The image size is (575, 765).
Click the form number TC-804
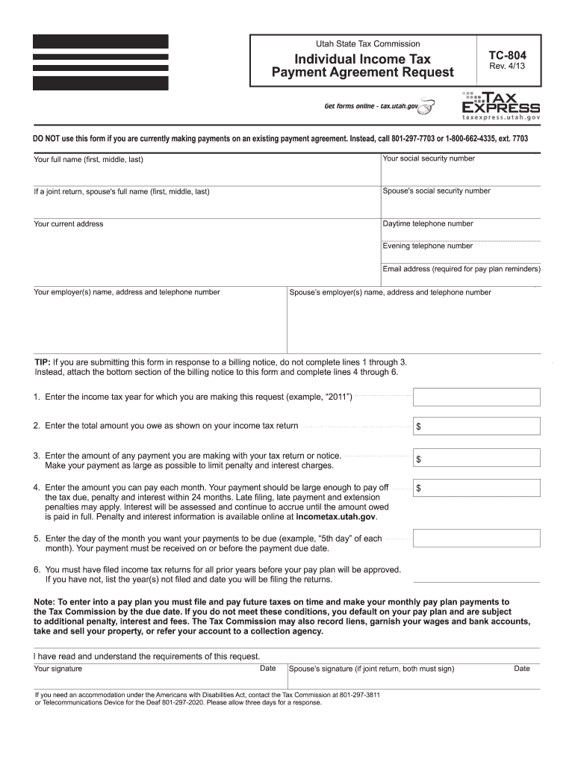pyautogui.click(x=507, y=55)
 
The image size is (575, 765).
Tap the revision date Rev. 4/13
pyautogui.click(x=505, y=68)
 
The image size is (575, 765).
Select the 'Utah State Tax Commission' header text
pyautogui.click(x=363, y=44)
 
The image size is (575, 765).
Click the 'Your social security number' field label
pyautogui.click(x=428, y=158)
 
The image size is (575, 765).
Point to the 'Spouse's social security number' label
pyautogui.click(x=436, y=191)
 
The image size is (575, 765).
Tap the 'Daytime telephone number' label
pyautogui.click(x=428, y=223)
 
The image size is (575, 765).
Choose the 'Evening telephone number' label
pyautogui.click(x=428, y=246)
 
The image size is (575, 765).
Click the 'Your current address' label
pyautogui.click(x=69, y=224)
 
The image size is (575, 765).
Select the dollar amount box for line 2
pyautogui.click(x=476, y=426)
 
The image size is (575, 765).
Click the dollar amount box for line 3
pyautogui.click(x=476, y=458)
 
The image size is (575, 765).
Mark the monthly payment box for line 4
pyautogui.click(x=476, y=489)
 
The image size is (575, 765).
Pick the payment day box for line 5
pyautogui.click(x=476, y=538)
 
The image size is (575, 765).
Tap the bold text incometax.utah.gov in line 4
pyautogui.click(x=336, y=516)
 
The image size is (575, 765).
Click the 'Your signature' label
pyautogui.click(x=58, y=669)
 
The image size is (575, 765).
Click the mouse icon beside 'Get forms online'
pyautogui.click(x=426, y=109)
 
